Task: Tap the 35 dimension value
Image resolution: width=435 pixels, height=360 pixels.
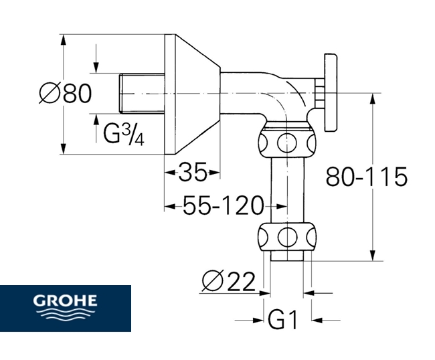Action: click(192, 173)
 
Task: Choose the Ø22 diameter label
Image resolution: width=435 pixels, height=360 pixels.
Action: click(228, 282)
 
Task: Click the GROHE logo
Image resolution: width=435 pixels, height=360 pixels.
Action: click(66, 308)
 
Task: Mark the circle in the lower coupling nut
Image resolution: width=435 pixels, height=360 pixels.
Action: click(287, 236)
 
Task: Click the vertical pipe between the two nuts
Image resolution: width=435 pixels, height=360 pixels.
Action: click(287, 189)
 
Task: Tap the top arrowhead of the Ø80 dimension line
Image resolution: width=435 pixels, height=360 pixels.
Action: click(64, 38)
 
